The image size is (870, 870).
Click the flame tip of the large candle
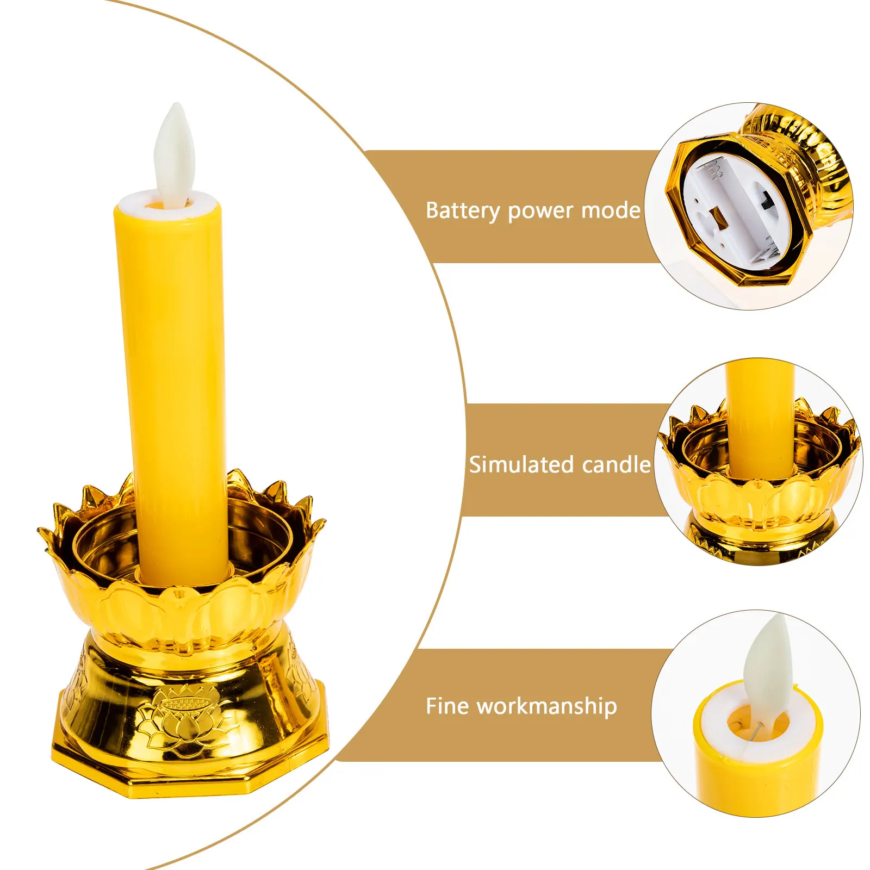tap(176, 107)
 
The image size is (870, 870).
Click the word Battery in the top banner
tap(462, 211)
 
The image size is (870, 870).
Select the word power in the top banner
tap(540, 211)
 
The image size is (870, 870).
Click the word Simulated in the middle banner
tap(521, 465)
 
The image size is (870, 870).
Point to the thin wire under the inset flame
tap(753, 731)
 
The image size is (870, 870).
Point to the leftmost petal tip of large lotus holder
tap(41, 530)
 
